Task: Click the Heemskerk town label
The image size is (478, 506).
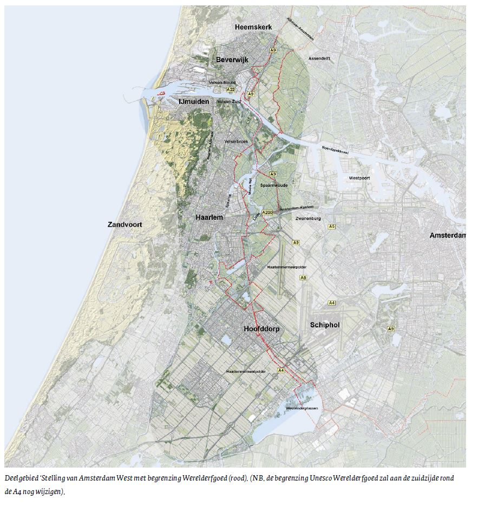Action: [x=253, y=27]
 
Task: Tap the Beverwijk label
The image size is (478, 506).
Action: [x=232, y=60]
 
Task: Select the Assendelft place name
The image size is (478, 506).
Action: [x=319, y=58]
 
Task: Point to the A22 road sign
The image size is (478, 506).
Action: [x=231, y=89]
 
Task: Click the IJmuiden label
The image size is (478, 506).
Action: [x=194, y=101]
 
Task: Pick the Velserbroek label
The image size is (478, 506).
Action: [x=235, y=141]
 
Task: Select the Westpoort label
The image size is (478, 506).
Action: [x=359, y=178]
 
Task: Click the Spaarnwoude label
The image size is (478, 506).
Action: [x=274, y=185]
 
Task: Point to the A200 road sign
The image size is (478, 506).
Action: [x=266, y=213]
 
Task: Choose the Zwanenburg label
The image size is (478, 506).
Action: [x=308, y=219]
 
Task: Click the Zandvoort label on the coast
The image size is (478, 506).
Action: [x=129, y=224]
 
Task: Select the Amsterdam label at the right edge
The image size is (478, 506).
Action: [x=448, y=235]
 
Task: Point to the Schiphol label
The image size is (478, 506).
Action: [x=325, y=325]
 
